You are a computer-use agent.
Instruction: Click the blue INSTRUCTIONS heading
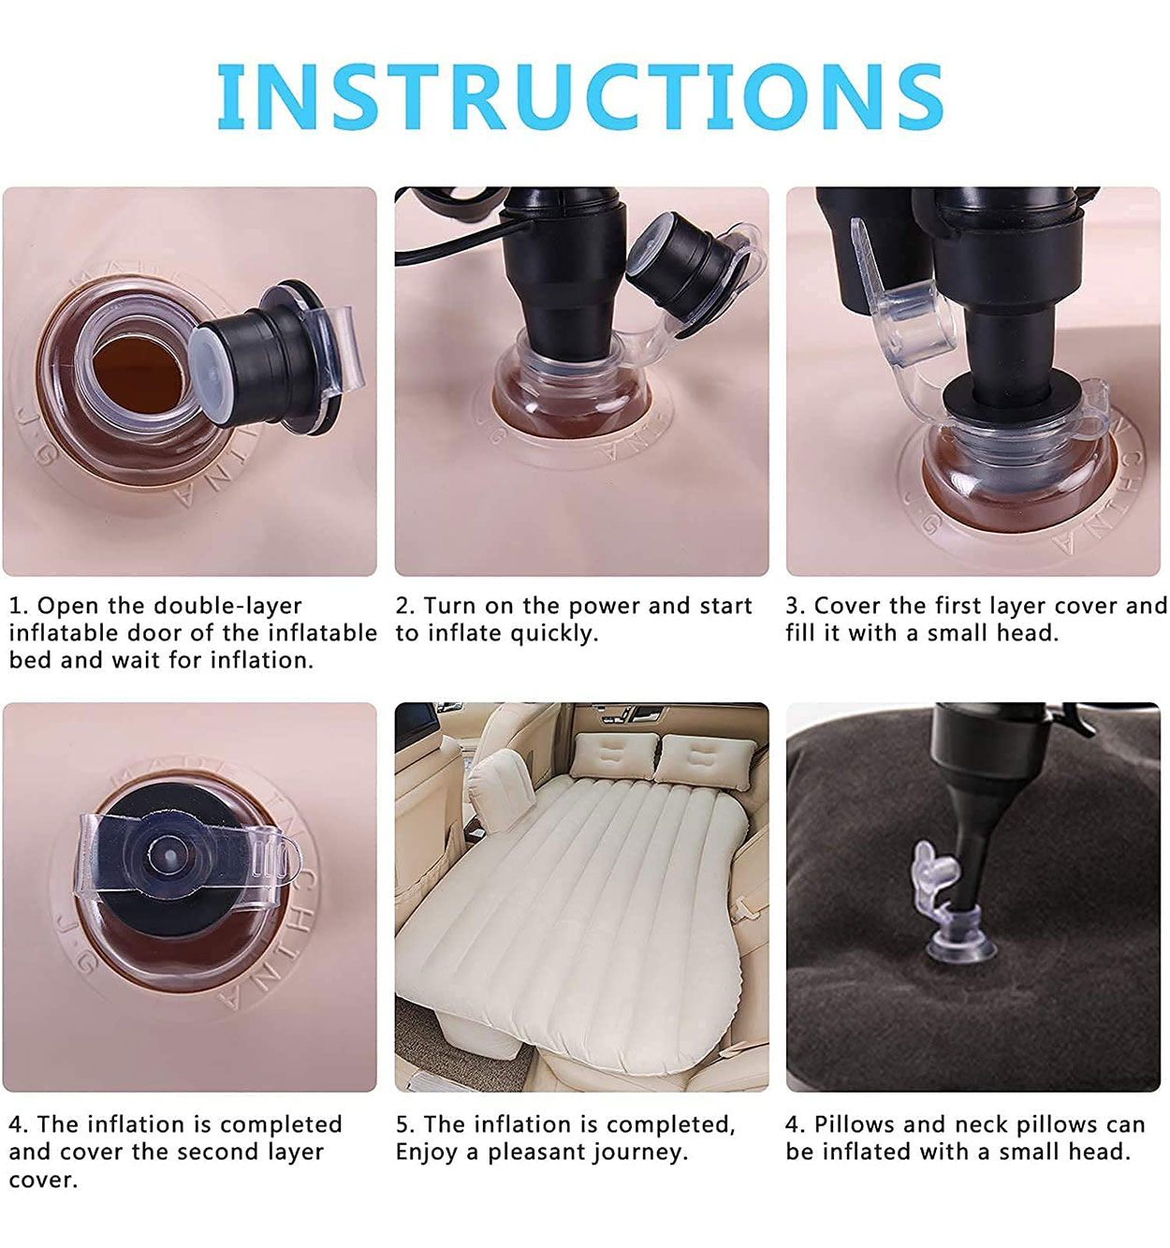[x=579, y=96]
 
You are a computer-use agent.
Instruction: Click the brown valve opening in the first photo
[x=137, y=374]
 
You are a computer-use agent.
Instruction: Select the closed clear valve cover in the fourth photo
[x=186, y=859]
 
